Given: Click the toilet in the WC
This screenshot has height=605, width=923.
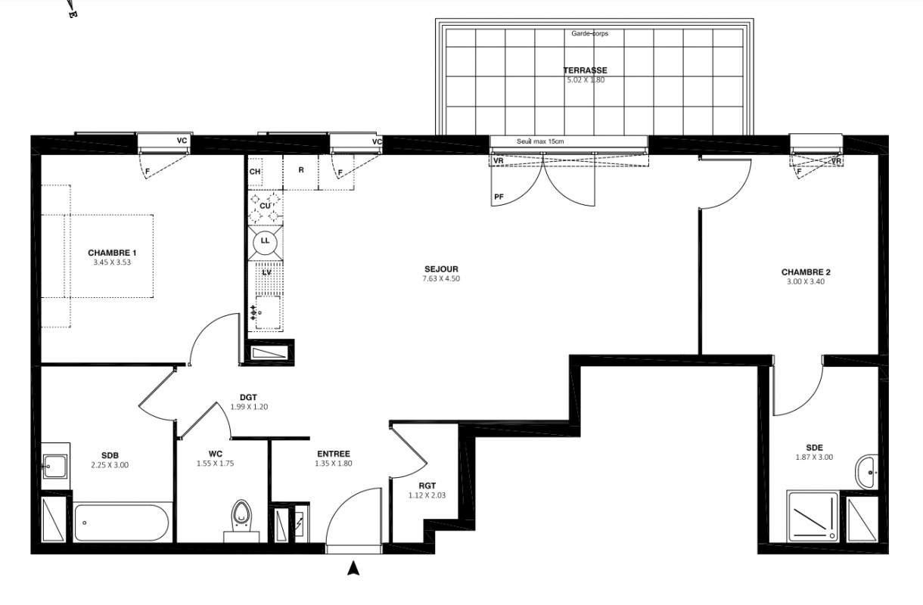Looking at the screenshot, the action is point(241,520).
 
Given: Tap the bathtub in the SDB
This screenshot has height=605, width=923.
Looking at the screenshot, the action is point(122,523).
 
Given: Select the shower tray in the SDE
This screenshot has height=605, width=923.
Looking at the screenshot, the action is point(813,517).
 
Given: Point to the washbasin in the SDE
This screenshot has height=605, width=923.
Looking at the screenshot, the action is point(867,472).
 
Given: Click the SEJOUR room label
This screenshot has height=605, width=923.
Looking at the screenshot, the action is point(441,269).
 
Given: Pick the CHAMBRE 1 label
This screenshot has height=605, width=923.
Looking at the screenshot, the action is point(112,253).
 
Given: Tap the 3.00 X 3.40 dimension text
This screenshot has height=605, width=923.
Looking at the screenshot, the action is point(806,281).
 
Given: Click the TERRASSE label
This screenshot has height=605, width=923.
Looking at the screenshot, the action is point(585,70).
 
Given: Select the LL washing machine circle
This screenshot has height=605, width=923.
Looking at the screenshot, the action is point(265,241).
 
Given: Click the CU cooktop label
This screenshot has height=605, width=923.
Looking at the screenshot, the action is point(265,206).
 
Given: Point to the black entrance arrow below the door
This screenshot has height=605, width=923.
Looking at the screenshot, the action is point(353,569).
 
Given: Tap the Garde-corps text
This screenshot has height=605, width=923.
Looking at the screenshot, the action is point(589,33).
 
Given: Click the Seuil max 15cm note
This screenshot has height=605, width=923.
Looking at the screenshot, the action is point(540,141).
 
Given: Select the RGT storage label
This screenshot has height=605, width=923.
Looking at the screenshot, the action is point(427,486).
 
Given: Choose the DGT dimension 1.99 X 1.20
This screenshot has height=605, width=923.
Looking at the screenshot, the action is point(249,407).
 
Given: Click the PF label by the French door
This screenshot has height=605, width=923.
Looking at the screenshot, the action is point(499,197).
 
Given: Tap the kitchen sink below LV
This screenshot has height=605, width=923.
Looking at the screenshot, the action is point(268,312).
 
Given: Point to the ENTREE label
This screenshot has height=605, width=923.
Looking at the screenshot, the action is point(334,454).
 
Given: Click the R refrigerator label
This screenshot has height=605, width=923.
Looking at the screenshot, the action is point(301,169).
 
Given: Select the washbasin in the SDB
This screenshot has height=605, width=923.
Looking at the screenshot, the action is point(55,466).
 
